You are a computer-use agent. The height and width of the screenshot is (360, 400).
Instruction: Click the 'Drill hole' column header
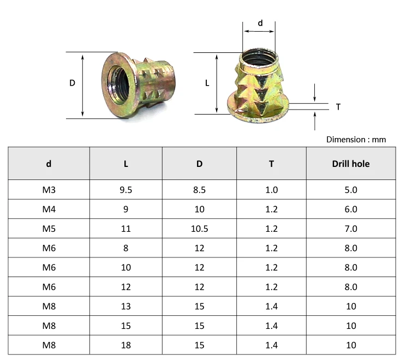pyautogui.click(x=350, y=164)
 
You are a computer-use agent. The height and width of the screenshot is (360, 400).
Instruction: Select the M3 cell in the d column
pyautogui.click(x=49, y=190)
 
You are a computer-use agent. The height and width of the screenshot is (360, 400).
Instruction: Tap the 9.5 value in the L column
pyautogui.click(x=126, y=190)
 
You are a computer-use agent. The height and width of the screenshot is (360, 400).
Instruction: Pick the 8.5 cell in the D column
pyautogui.click(x=199, y=190)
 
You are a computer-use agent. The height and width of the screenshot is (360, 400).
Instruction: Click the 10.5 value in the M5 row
pyautogui.click(x=199, y=229)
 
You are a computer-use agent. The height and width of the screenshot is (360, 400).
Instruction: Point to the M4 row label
pyautogui.click(x=49, y=209)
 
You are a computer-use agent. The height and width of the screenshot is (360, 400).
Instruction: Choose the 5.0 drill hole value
pyautogui.click(x=350, y=190)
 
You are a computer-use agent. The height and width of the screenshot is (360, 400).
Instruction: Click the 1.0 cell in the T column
pyautogui.click(x=271, y=190)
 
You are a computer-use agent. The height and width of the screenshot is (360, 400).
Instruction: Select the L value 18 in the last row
pyautogui.click(x=126, y=345)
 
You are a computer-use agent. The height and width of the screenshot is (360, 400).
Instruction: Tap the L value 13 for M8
pyautogui.click(x=126, y=306)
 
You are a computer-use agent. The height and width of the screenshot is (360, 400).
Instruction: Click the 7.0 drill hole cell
pyautogui.click(x=350, y=229)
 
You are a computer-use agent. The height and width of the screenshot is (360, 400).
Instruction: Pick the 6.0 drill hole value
pyautogui.click(x=350, y=209)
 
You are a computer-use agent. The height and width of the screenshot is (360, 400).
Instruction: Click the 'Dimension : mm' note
pyautogui.click(x=356, y=140)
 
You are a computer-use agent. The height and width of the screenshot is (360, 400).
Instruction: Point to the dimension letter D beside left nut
pyautogui.click(x=72, y=83)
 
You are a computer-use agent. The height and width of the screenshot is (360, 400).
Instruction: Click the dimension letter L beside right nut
pyautogui.click(x=207, y=83)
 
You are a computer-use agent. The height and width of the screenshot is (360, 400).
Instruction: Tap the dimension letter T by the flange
pyautogui.click(x=338, y=107)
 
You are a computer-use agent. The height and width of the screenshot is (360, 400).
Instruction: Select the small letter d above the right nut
pyautogui.click(x=260, y=23)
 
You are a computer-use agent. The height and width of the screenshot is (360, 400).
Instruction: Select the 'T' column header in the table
pyautogui.click(x=271, y=164)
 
